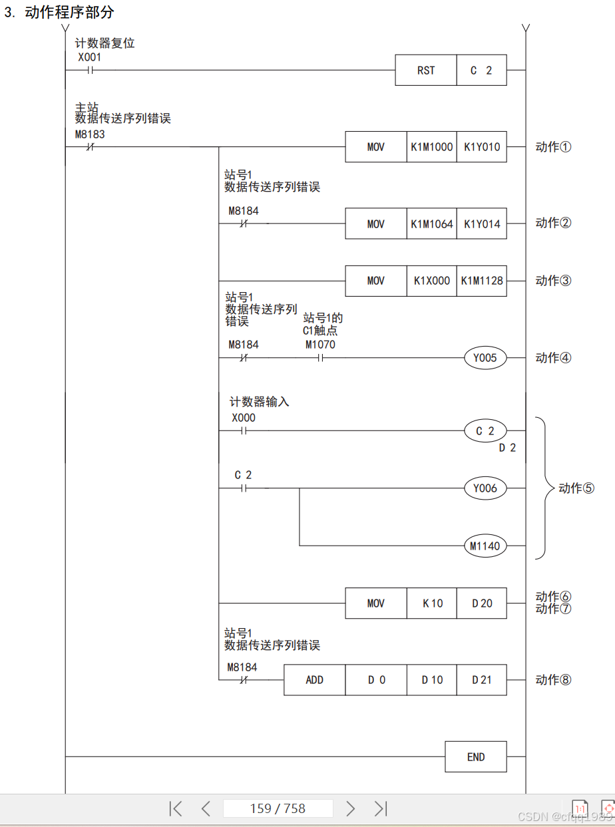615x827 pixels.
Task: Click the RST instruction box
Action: [x=426, y=71]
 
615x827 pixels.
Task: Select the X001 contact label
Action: [x=89, y=57]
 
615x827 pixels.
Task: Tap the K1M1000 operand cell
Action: [x=431, y=147]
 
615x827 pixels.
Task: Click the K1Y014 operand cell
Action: [x=482, y=224]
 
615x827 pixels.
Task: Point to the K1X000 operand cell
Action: [x=431, y=281]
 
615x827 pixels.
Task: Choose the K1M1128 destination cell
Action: [x=482, y=281]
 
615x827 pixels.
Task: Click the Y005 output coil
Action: [x=485, y=359]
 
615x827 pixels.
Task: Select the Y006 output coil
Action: [x=485, y=488]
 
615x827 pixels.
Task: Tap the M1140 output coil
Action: [x=485, y=546]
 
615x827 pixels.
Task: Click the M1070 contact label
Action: [x=320, y=345]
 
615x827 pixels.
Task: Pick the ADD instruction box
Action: [x=314, y=680]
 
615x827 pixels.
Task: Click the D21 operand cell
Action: [x=482, y=680]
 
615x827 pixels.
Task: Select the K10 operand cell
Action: [x=431, y=603]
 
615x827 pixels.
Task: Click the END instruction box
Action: [x=476, y=757]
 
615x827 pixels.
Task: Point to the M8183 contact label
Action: [x=90, y=134]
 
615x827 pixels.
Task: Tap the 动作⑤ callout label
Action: [x=576, y=488]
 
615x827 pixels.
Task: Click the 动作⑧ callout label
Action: [x=553, y=680]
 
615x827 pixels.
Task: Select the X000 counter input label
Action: [x=243, y=418]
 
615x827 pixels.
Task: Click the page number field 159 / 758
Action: [x=278, y=808]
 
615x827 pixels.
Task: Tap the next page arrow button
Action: [x=351, y=808]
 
